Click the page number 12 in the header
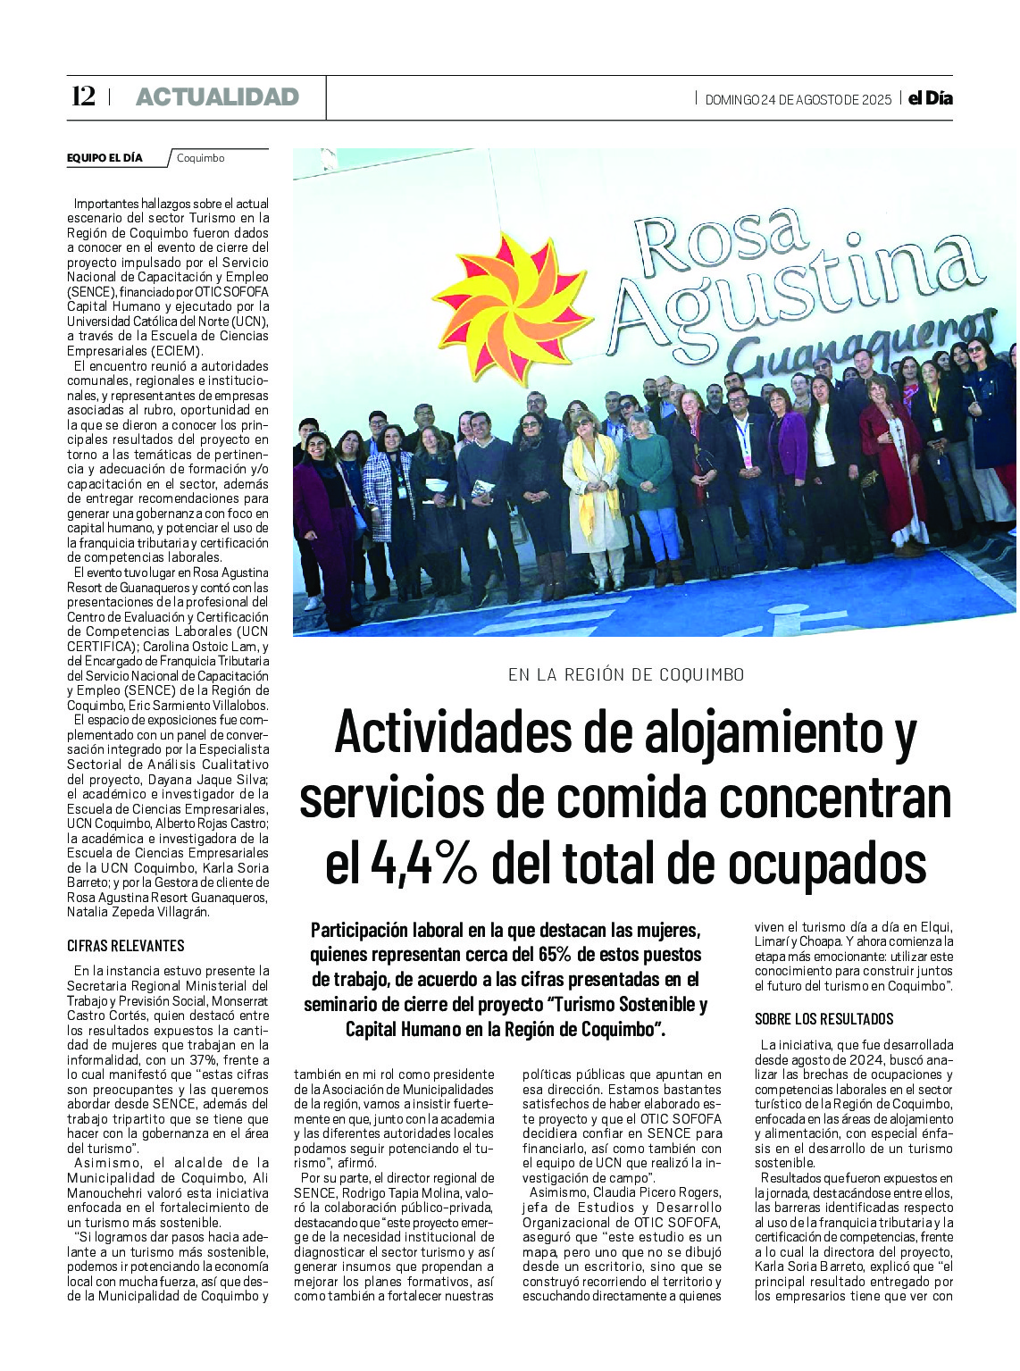(83, 96)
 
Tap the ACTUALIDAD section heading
(217, 97)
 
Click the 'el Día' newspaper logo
(930, 98)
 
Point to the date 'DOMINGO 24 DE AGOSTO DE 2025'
(798, 100)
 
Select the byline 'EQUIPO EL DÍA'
(105, 158)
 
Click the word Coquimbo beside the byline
(201, 158)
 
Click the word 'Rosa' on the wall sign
(721, 235)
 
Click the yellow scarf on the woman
(589, 482)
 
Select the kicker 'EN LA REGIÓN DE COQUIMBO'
(626, 674)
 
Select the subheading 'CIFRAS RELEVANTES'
(126, 946)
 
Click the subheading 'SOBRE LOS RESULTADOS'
(824, 1019)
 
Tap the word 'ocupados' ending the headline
(826, 864)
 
